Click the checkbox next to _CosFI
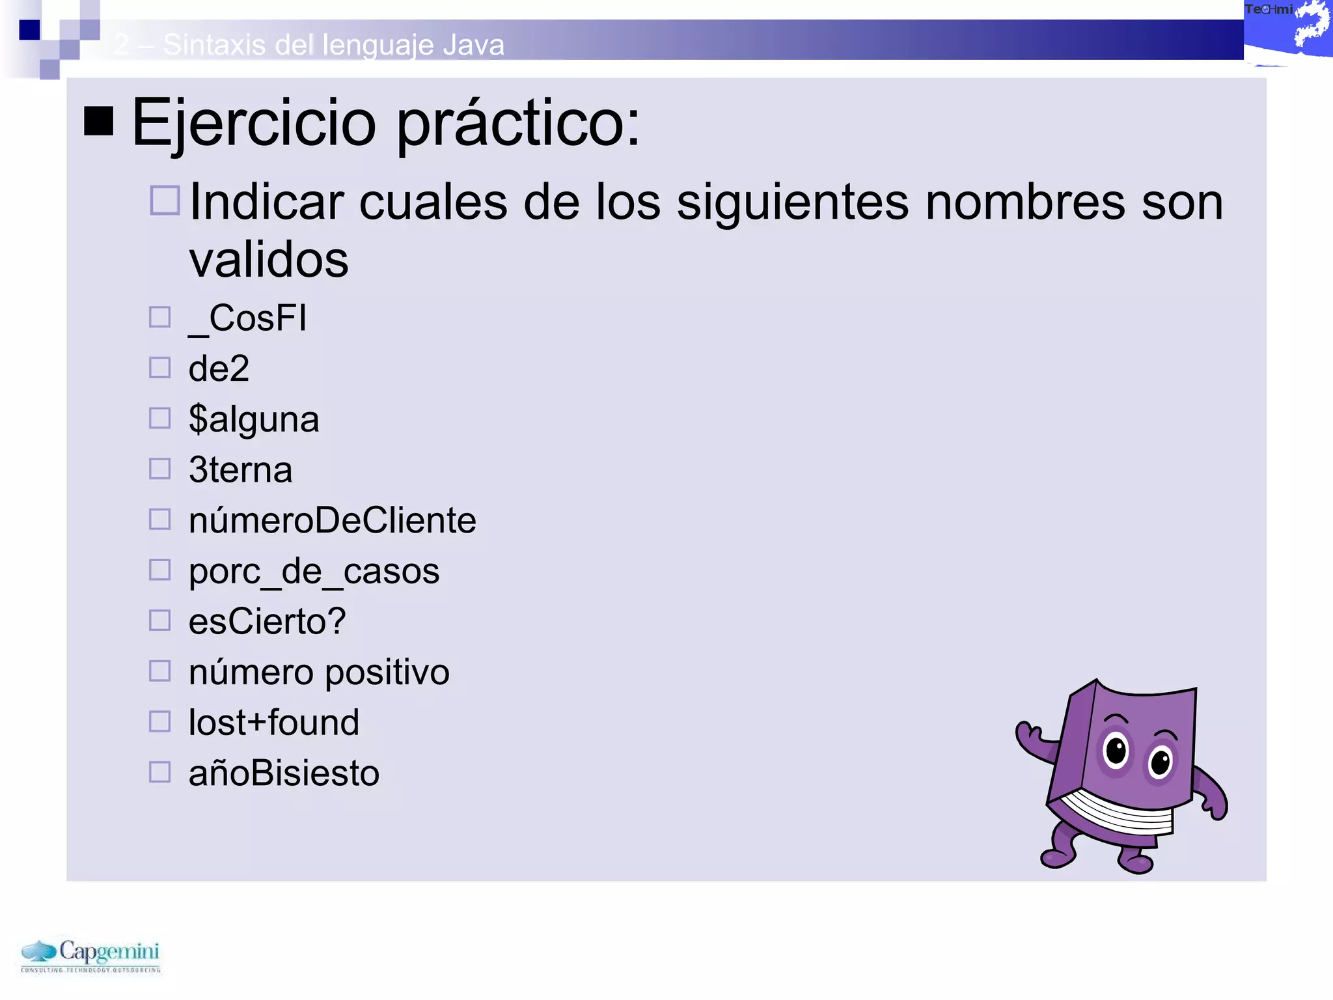(x=159, y=317)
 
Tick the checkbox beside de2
(x=159, y=368)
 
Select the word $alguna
(x=254, y=419)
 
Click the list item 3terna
(x=240, y=469)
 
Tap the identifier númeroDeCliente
(x=332, y=520)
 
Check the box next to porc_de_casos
(x=159, y=570)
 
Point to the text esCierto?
(x=267, y=621)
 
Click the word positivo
(x=387, y=673)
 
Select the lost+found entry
(x=273, y=723)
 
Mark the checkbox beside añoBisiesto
(x=159, y=773)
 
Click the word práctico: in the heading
(x=518, y=124)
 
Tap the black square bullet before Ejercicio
(x=99, y=121)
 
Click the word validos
(x=268, y=260)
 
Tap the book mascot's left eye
(x=1116, y=750)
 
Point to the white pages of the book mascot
(x=1120, y=814)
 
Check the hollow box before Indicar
(x=165, y=200)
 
